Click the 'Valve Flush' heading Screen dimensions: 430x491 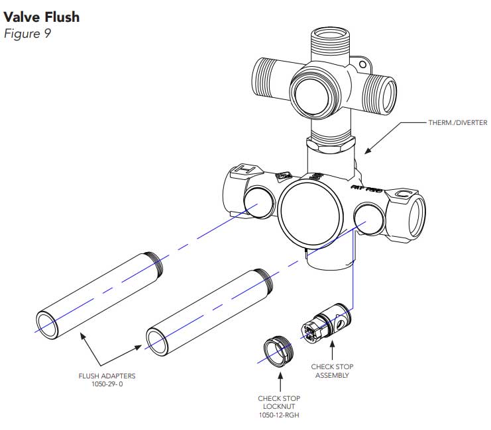pos(41,17)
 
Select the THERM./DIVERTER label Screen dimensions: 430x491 pos(457,123)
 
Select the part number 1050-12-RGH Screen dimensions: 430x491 pos(279,415)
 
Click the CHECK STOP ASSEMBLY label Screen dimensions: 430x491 pos(329,370)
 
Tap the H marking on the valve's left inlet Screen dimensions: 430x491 pos(243,171)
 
